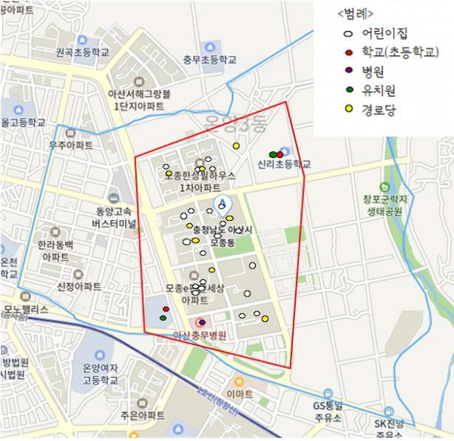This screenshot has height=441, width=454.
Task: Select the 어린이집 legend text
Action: pyautogui.click(x=384, y=34)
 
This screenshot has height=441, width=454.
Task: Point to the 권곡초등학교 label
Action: pyautogui.click(x=82, y=53)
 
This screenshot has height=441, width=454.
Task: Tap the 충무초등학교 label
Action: pyautogui.click(x=210, y=59)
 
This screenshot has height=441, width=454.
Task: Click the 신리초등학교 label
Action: pyautogui.click(x=284, y=163)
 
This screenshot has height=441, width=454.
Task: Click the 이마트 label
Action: pyautogui.click(x=239, y=394)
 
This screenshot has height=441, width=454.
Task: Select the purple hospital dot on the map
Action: pyautogui.click(x=202, y=323)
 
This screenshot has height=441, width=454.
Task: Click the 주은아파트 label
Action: pyautogui.click(x=141, y=416)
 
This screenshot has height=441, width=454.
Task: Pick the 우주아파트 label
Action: pyautogui.click(x=70, y=144)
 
